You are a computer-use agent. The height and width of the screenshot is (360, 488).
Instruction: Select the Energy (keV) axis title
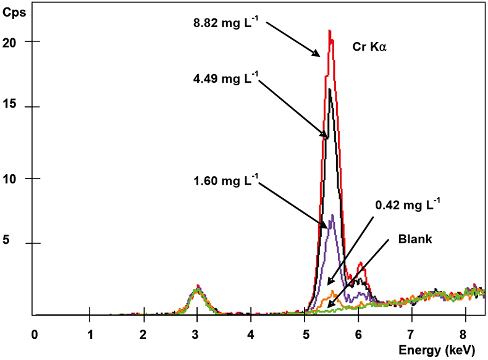(437, 350)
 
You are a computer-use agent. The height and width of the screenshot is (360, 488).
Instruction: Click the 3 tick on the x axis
(197, 333)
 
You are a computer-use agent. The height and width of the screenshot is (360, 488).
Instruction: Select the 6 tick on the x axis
(358, 333)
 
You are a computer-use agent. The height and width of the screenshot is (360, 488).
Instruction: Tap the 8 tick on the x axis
(465, 333)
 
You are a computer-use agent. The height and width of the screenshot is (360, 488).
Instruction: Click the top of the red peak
(330, 31)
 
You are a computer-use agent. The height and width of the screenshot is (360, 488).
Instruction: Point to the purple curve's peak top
(332, 216)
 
